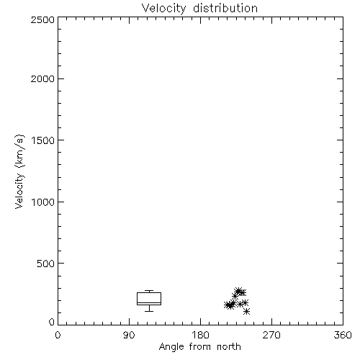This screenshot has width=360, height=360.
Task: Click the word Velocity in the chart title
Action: (x=164, y=9)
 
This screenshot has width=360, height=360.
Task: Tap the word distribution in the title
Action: (x=225, y=8)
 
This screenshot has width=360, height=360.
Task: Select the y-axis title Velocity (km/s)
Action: (x=19, y=171)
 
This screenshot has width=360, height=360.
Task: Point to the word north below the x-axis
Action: (x=229, y=346)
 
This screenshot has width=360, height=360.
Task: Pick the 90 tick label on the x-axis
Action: (x=129, y=335)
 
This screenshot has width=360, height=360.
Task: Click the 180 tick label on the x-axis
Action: (x=200, y=335)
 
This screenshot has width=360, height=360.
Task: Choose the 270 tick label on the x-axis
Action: (x=271, y=335)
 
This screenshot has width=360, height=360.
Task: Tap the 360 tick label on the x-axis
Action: (x=343, y=335)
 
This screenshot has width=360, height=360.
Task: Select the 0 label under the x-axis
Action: (x=58, y=335)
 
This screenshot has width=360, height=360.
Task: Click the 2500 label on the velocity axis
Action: (x=42, y=19)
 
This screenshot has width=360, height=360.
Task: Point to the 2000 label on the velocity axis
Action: (x=42, y=78)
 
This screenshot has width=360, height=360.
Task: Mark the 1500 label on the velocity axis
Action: (x=43, y=140)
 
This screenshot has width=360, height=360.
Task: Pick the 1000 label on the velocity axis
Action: (x=43, y=202)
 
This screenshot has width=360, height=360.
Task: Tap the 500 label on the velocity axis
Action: (x=46, y=264)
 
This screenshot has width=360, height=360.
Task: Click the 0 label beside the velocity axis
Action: (x=52, y=322)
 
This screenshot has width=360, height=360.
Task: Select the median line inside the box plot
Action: (x=149, y=302)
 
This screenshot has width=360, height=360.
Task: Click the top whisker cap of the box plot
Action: (x=149, y=291)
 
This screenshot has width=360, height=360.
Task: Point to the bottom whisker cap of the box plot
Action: (x=149, y=311)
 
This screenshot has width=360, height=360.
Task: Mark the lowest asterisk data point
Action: (x=246, y=312)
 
